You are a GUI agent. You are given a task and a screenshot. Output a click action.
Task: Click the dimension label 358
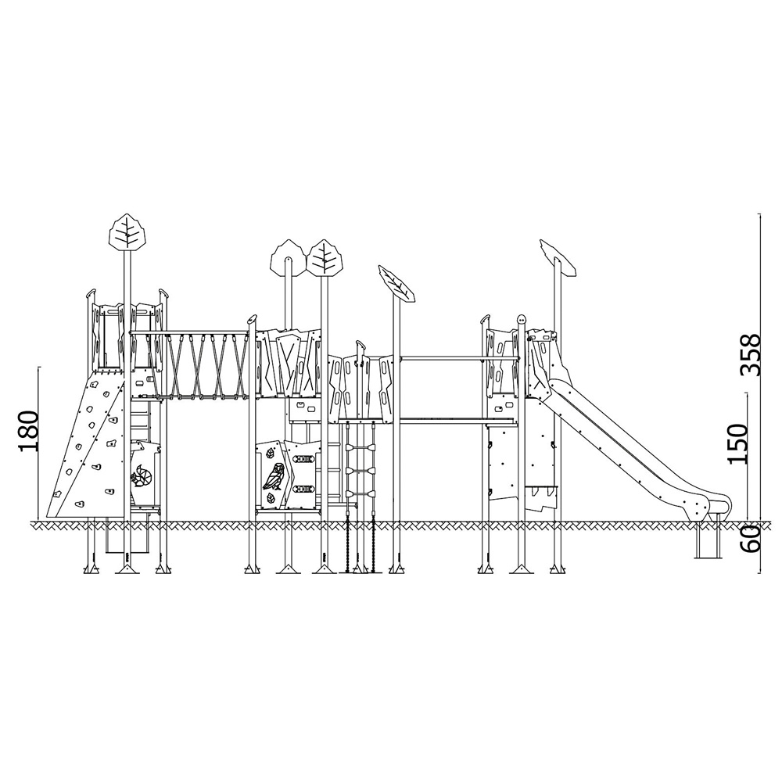[x=750, y=353]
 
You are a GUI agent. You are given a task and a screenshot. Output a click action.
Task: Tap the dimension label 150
[x=737, y=444]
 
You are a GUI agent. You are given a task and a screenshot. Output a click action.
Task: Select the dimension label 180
[x=28, y=432]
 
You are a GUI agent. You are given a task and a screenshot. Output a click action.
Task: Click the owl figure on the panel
[x=274, y=477]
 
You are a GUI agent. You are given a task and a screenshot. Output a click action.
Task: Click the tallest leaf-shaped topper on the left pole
[x=128, y=232]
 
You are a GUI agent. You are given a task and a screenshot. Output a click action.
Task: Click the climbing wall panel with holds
[x=86, y=446]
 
